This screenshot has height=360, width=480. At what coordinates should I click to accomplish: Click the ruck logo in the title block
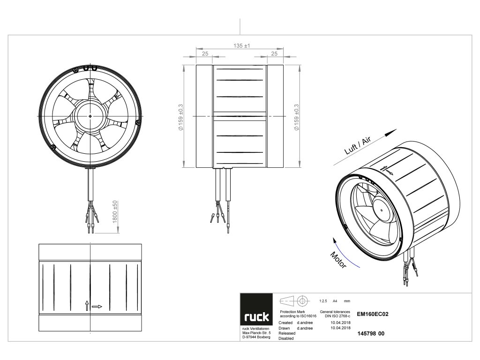point(256,317)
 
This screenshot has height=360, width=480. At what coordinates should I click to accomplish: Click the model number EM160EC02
point(373,315)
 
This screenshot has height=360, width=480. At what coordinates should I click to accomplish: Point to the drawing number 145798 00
point(371,333)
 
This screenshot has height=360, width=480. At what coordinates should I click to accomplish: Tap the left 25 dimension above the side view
point(205,54)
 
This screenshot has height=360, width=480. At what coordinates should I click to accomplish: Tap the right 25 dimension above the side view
point(274,54)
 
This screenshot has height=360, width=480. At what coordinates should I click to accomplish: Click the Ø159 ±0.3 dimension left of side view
point(187,116)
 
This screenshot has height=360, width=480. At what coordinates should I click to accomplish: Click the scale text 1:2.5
point(322,300)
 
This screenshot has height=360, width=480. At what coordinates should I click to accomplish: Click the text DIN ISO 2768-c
point(335,316)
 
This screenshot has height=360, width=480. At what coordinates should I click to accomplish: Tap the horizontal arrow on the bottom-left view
point(97,307)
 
